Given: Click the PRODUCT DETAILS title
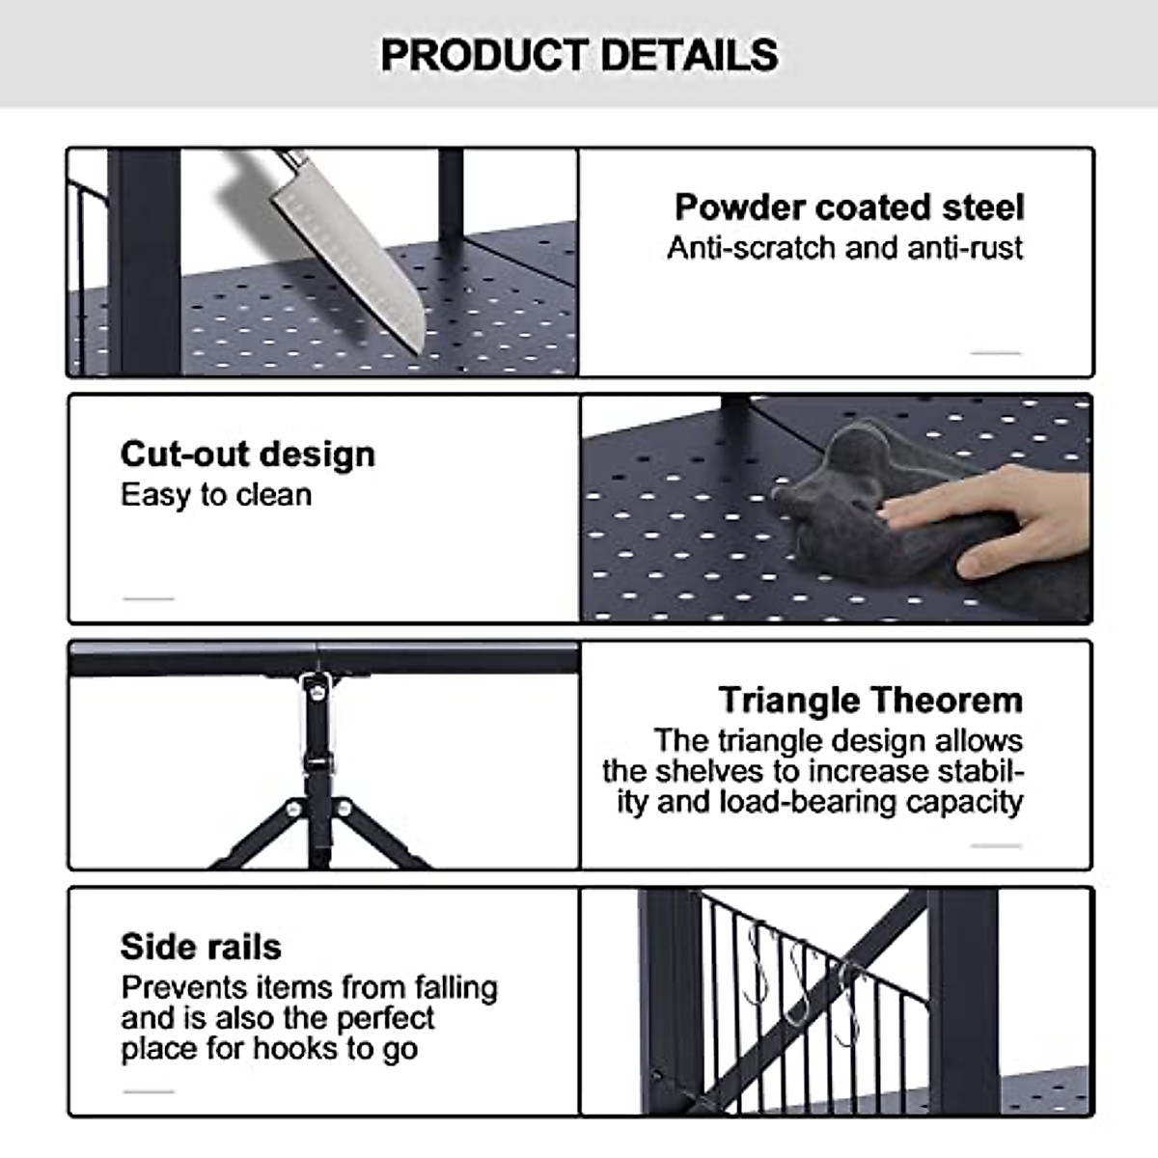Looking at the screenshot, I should coord(579,55).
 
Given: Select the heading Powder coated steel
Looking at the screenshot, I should coord(848,207).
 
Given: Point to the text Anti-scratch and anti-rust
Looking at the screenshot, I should coord(844,248).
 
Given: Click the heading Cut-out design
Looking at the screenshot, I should coord(247,454).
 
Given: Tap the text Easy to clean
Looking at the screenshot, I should coord(216,495).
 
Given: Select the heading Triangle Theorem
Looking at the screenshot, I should coord(869,700).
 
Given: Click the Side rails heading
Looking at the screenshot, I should coord(201,947).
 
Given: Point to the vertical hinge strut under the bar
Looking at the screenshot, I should coord(316,733).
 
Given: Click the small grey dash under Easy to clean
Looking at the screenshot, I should coord(149,599).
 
